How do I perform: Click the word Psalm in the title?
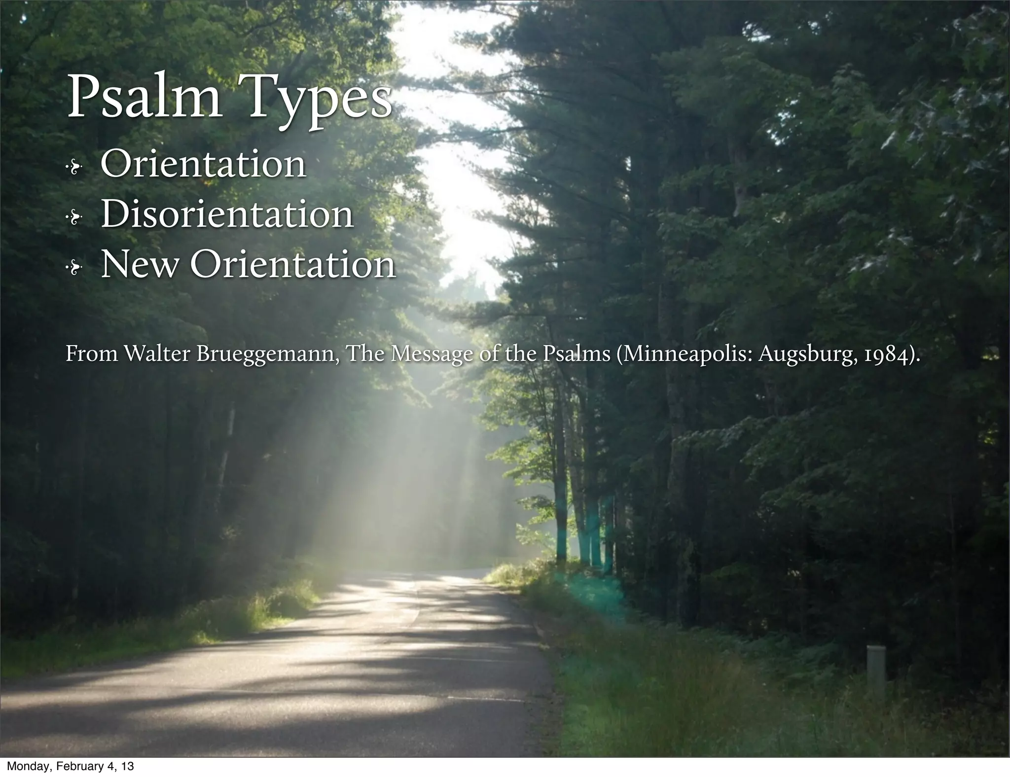tap(144, 100)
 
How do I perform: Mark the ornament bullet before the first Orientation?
tap(73, 168)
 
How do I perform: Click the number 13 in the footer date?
tap(127, 767)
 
